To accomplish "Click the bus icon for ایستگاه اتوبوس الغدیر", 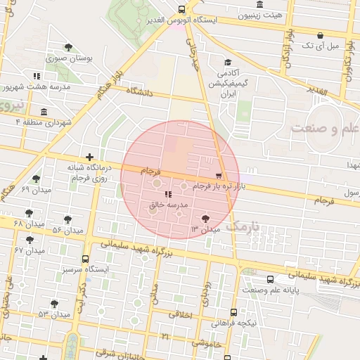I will tap(182, 9).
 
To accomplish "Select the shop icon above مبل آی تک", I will tap(320, 35).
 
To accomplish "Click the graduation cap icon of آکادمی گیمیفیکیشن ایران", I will tap(226, 62).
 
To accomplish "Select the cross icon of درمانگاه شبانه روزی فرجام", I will tap(89, 157).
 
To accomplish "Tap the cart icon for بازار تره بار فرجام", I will tap(218, 176).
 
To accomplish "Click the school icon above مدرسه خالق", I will tap(167, 193).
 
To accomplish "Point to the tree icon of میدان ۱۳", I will tap(205, 219).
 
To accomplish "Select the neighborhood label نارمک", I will tap(245, 226).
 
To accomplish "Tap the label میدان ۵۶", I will tap(67, 230).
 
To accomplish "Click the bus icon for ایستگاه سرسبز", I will tap(86, 259).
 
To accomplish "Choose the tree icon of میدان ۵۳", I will tap(54, 304).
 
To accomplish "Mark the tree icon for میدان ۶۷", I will tap(29, 240).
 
